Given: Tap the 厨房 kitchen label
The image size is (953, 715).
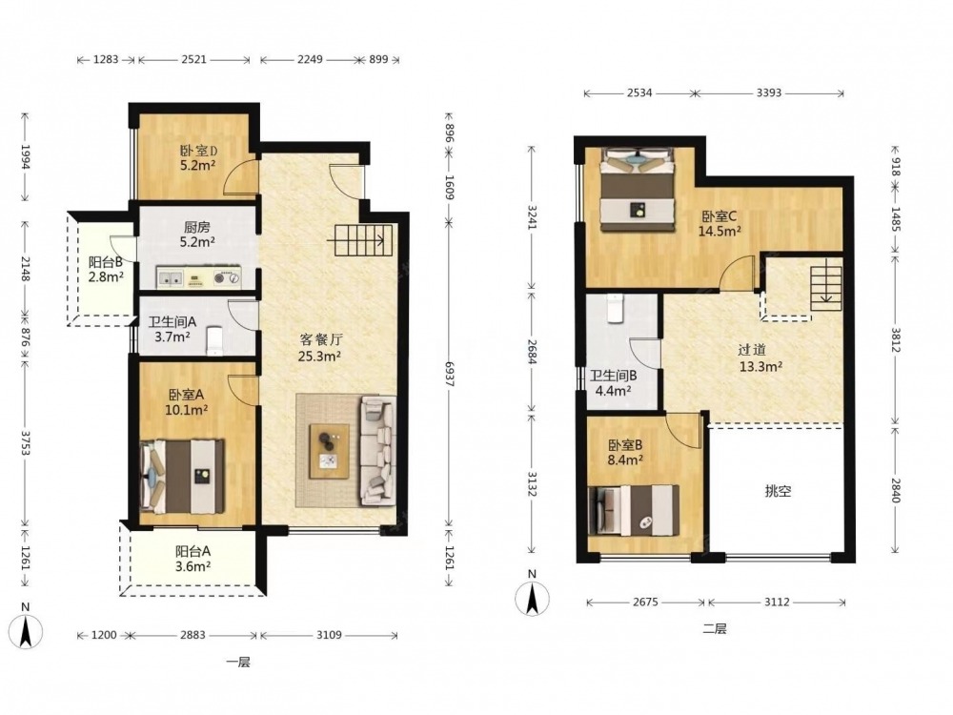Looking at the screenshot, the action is tap(197, 228).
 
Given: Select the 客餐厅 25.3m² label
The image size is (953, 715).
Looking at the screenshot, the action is tap(319, 348).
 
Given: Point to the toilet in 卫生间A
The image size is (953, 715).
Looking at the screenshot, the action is tap(214, 341).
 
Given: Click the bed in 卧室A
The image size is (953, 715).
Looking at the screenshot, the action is tap(182, 476).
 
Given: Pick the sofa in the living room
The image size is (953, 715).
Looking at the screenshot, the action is tap(378, 450).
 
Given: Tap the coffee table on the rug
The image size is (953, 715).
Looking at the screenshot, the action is tap(329, 451).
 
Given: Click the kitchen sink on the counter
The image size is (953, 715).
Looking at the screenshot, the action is tap(171, 278).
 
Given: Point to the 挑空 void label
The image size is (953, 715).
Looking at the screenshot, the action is tap(778, 491).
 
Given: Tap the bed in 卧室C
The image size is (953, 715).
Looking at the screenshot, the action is tap(639, 189).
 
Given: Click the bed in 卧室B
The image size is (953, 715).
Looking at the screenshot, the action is tap(634, 511).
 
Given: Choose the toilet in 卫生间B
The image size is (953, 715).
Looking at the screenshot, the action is tap(615, 308).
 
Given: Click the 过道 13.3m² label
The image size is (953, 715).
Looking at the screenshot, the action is tap(760, 358).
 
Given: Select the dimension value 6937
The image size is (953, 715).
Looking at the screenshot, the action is tap(449, 374).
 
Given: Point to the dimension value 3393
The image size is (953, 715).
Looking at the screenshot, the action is tap(769, 93).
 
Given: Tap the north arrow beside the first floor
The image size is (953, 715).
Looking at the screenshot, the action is tap(26, 632).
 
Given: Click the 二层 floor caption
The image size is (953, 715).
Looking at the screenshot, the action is tap(714, 629).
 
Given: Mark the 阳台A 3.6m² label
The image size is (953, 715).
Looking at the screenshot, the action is tap(193, 560).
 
